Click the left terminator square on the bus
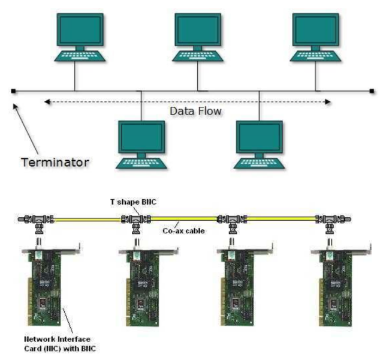point(13,91)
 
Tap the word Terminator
point(55,162)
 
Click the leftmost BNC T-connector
point(38,221)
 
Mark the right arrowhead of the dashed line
point(328,102)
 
